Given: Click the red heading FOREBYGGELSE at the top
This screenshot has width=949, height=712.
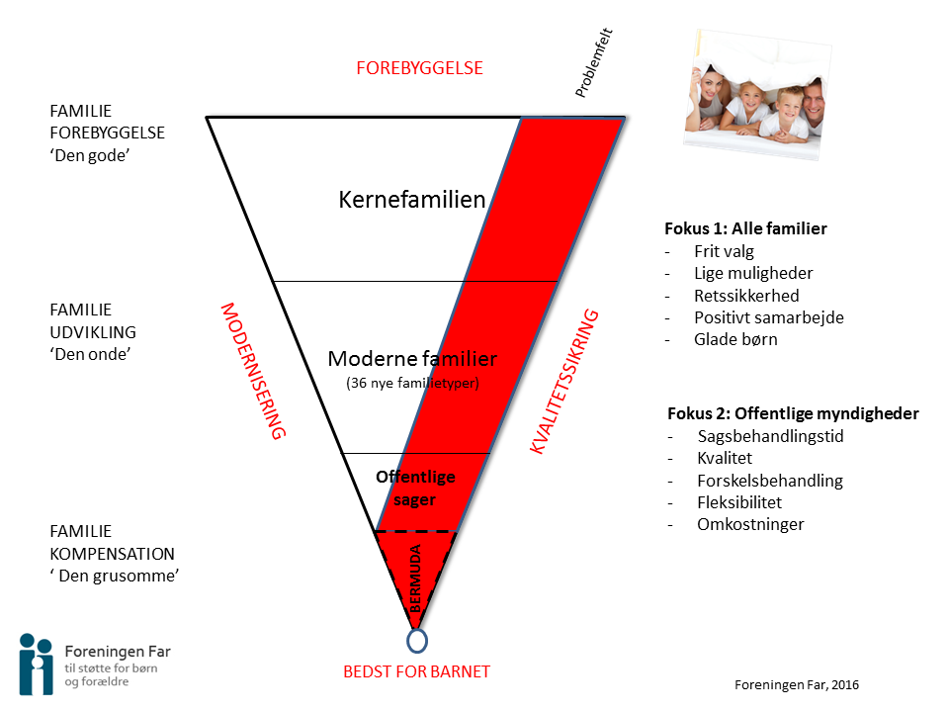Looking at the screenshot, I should (419, 68).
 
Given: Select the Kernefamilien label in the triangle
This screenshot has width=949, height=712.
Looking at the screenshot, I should (411, 200).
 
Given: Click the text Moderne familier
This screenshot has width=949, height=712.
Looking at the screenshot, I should (412, 358).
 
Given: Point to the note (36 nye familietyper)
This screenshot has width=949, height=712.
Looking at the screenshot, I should (412, 383).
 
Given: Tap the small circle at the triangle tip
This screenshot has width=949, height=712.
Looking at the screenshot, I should (417, 641).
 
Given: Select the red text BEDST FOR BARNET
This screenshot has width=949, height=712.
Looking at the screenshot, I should (416, 671).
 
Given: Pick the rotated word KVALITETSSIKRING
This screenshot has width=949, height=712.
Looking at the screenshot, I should (564, 382).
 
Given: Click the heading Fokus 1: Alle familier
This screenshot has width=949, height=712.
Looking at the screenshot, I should (745, 228).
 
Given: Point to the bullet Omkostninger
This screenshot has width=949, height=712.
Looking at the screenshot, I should (750, 524).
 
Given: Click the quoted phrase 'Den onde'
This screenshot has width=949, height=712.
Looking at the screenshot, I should (91, 352).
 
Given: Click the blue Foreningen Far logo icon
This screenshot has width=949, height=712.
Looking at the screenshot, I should (37, 664).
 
